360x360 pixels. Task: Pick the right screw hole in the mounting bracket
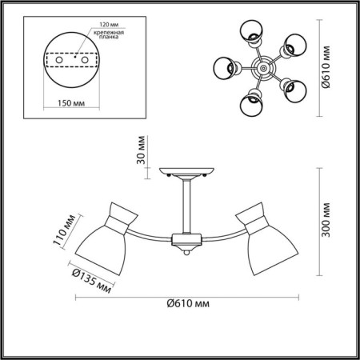coord(84,60)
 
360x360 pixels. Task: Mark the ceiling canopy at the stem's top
coord(186,173)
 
